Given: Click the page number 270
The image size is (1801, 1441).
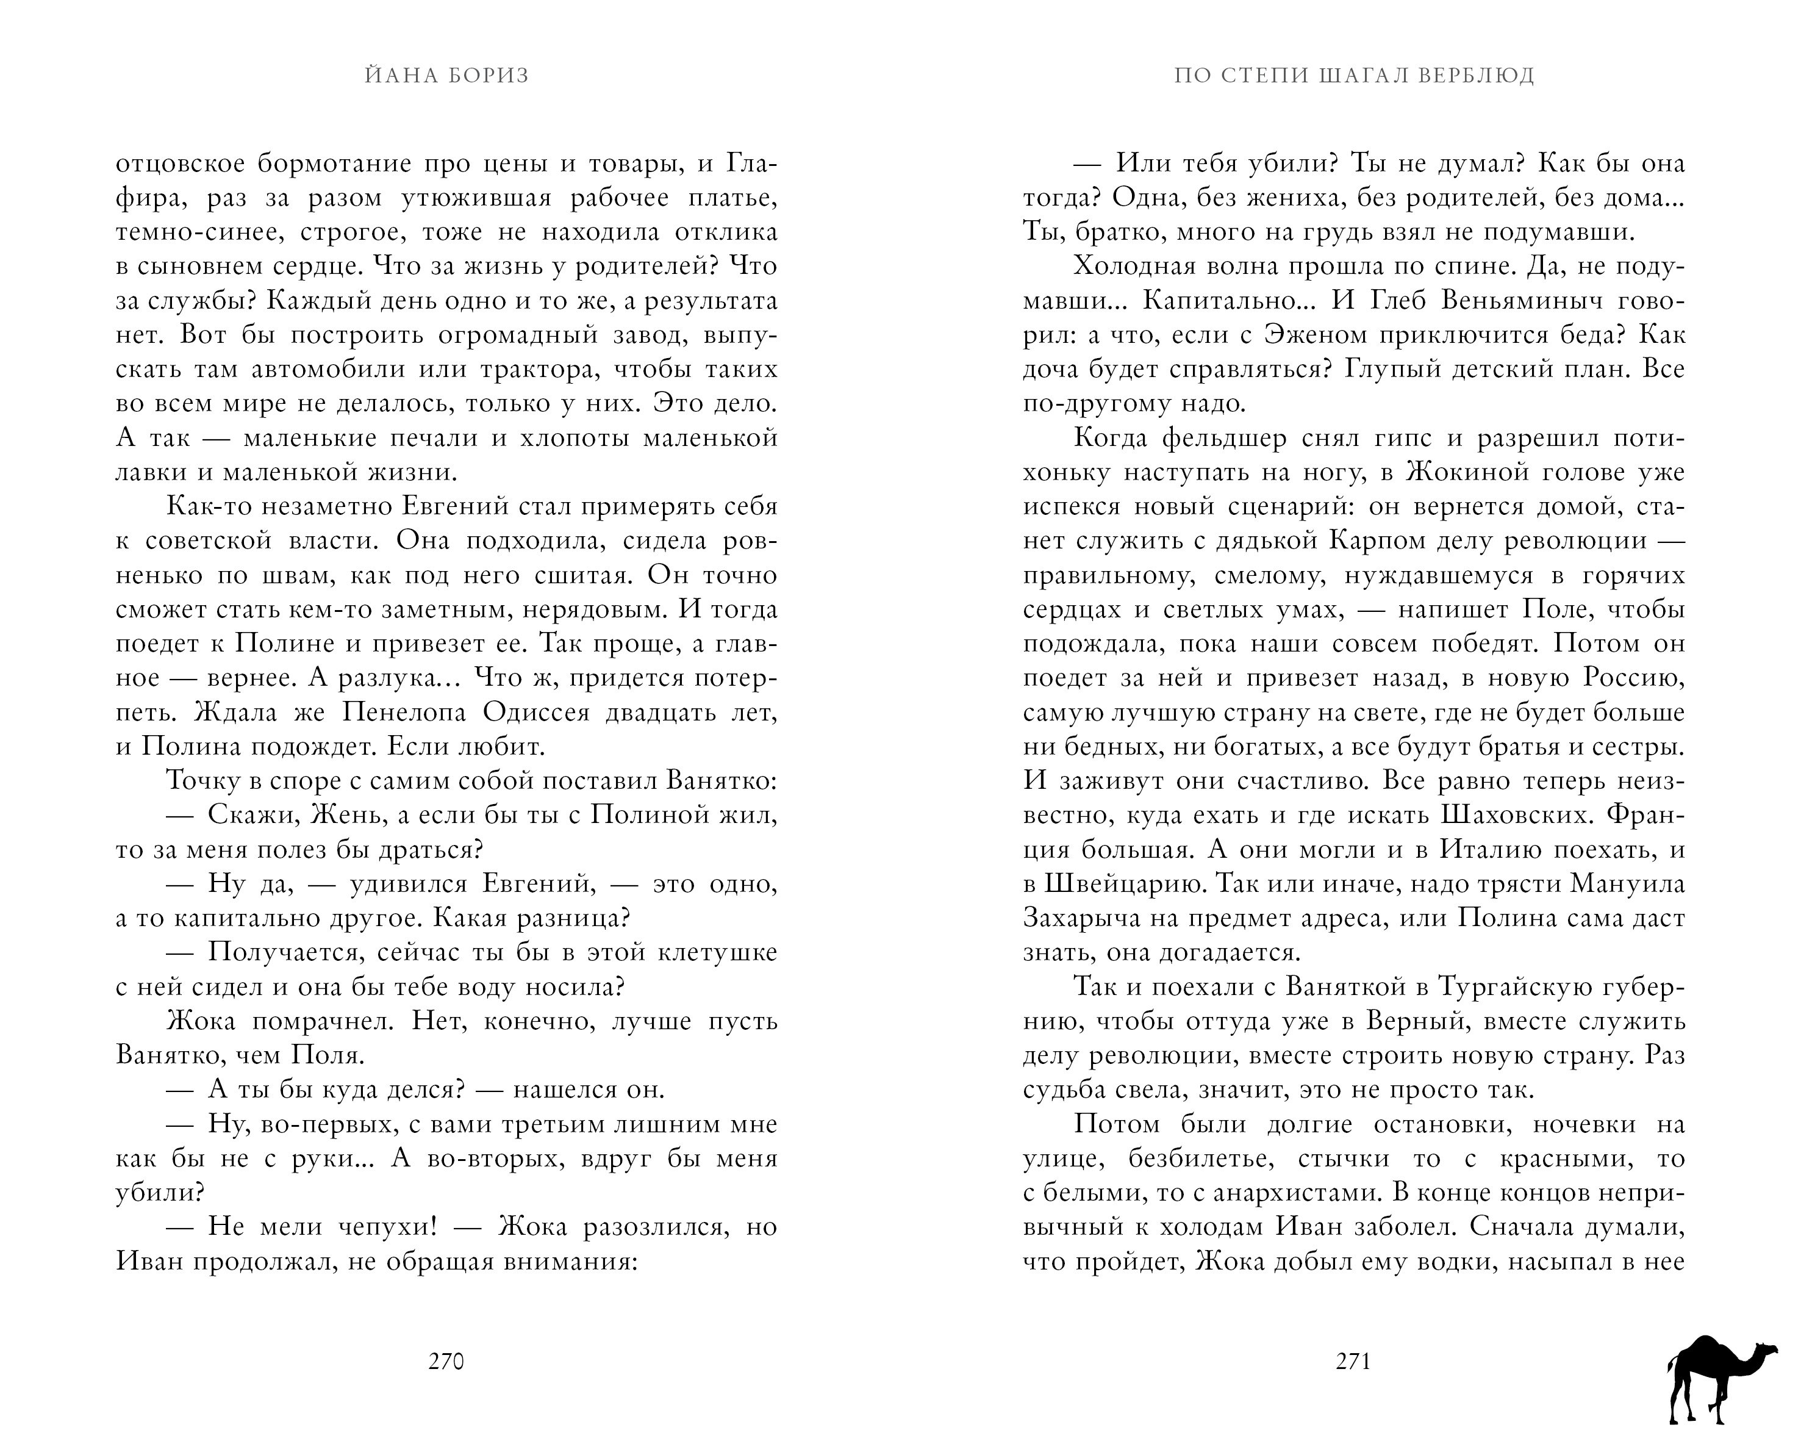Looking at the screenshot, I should click(x=445, y=1362).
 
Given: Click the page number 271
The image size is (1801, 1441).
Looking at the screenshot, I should click(x=1353, y=1362).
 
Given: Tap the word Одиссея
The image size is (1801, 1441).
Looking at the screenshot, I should click(x=535, y=713).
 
